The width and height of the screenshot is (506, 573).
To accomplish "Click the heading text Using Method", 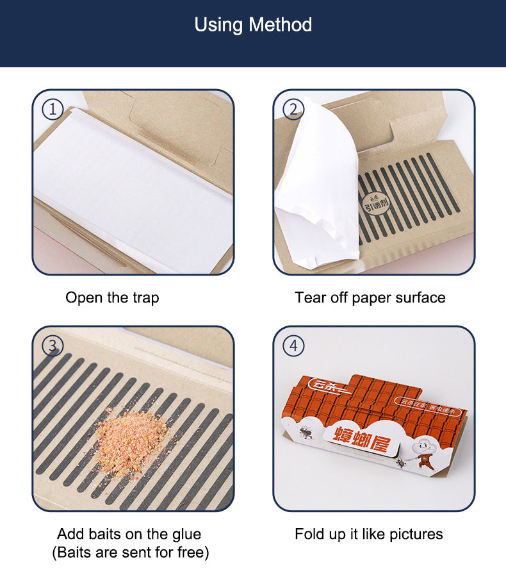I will tap(253, 25).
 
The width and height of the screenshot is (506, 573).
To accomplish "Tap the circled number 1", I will tap(53, 110).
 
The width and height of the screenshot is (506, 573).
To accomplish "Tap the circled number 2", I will tap(293, 110).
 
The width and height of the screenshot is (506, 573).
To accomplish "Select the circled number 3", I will tap(53, 346).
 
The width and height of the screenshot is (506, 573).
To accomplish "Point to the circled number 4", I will tap(293, 346).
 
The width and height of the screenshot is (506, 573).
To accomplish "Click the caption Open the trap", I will tap(112, 297).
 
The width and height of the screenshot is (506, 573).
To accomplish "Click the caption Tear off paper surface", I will tap(370, 297).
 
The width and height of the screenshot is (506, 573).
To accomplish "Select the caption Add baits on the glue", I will tap(129, 534).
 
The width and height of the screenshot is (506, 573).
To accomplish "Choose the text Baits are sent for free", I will tap(130, 552).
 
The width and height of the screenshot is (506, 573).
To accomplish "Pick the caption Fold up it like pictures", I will tap(368, 534).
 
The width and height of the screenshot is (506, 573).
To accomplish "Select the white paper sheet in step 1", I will tap(131, 186).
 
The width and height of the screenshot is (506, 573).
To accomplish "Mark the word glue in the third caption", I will tap(187, 534).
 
